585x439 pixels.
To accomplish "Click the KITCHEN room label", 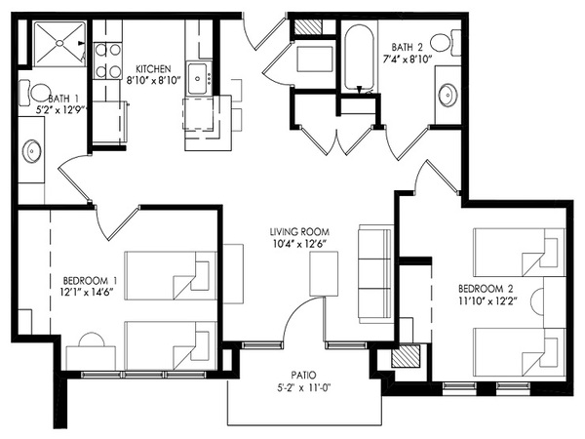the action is [153, 69].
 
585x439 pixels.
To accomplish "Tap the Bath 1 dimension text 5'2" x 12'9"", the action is [60, 110].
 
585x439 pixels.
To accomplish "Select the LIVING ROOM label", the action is [299, 232].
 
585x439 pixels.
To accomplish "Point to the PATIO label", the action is [303, 375].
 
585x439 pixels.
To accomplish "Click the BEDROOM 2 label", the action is [486, 289].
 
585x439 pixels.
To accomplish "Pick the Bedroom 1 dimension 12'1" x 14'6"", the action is [87, 293].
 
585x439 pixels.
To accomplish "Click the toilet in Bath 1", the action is [35, 93].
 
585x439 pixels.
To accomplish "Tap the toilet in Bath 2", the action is [446, 43].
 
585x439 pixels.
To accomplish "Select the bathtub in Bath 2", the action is [359, 58].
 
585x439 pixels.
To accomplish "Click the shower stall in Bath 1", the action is [59, 44].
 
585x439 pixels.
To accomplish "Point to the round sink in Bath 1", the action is [32, 151].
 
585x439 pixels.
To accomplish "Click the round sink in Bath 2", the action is [448, 95].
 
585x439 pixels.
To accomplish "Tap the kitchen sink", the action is [198, 78].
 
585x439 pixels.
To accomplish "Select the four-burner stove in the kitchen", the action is [107, 60].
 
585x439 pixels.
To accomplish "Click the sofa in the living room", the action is [375, 273].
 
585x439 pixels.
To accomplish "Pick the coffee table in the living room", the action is [324, 273].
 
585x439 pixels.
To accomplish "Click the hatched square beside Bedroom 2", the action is [406, 356].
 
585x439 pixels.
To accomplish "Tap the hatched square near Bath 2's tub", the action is [308, 26].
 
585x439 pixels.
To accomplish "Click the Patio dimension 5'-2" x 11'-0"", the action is [302, 388].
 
